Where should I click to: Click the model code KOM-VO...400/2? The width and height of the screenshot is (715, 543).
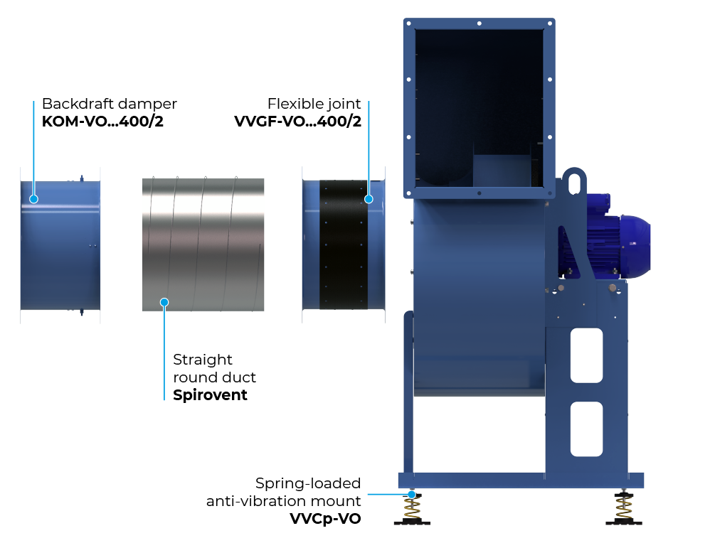pyautogui.click(x=102, y=121)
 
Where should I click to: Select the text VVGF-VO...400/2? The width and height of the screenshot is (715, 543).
pyautogui.click(x=298, y=121)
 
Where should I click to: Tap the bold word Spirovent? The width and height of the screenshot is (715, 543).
pyautogui.click(x=210, y=395)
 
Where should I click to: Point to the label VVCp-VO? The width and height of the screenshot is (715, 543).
pyautogui.click(x=325, y=518)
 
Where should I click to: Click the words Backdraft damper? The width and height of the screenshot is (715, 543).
pyautogui.click(x=110, y=104)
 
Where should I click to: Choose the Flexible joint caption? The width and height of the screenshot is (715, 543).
pyautogui.click(x=314, y=104)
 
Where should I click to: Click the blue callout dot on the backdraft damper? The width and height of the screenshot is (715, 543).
pyautogui.click(x=33, y=199)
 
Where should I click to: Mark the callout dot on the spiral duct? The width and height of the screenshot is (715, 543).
pyautogui.click(x=164, y=302)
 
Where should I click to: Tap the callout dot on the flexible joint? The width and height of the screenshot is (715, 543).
pyautogui.click(x=369, y=199)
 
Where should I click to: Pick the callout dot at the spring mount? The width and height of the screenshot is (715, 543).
pyautogui.click(x=412, y=494)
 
